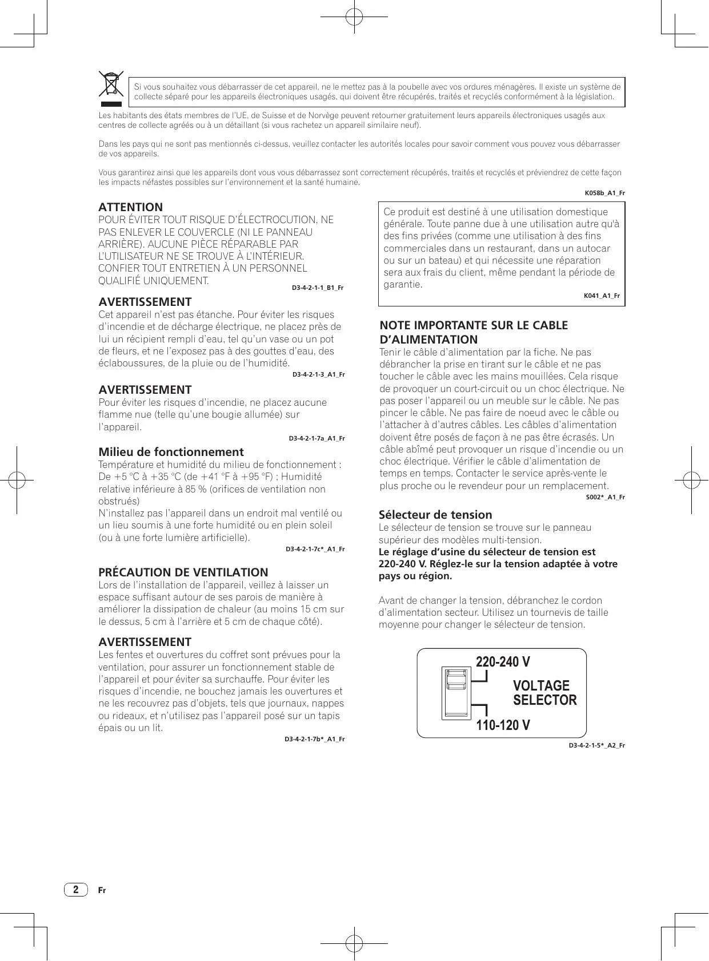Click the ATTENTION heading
pyautogui.click(x=131, y=207)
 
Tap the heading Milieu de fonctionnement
pyautogui.click(x=171, y=452)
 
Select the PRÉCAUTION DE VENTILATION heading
pyautogui.click(x=183, y=572)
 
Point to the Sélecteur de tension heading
pyautogui.click(x=435, y=515)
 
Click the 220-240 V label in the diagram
pyautogui.click(x=503, y=662)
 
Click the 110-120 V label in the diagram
pyautogui.click(x=503, y=725)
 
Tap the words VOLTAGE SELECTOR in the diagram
pyautogui.click(x=544, y=693)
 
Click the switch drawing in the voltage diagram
pyautogui.click(x=455, y=693)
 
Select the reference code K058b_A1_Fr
pyautogui.click(x=604, y=193)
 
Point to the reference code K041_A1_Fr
pyautogui.click(x=602, y=296)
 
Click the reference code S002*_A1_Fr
pyautogui.click(x=605, y=498)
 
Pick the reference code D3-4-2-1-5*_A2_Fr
pyautogui.click(x=596, y=746)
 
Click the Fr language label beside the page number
pyautogui.click(x=102, y=891)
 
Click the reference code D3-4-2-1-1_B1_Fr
pyautogui.click(x=318, y=288)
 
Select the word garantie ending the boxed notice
pyautogui.click(x=403, y=284)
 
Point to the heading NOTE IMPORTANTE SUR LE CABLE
pyautogui.click(x=474, y=325)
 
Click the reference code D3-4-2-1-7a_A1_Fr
pyautogui.click(x=317, y=439)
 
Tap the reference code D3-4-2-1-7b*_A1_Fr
pyautogui.click(x=315, y=740)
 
